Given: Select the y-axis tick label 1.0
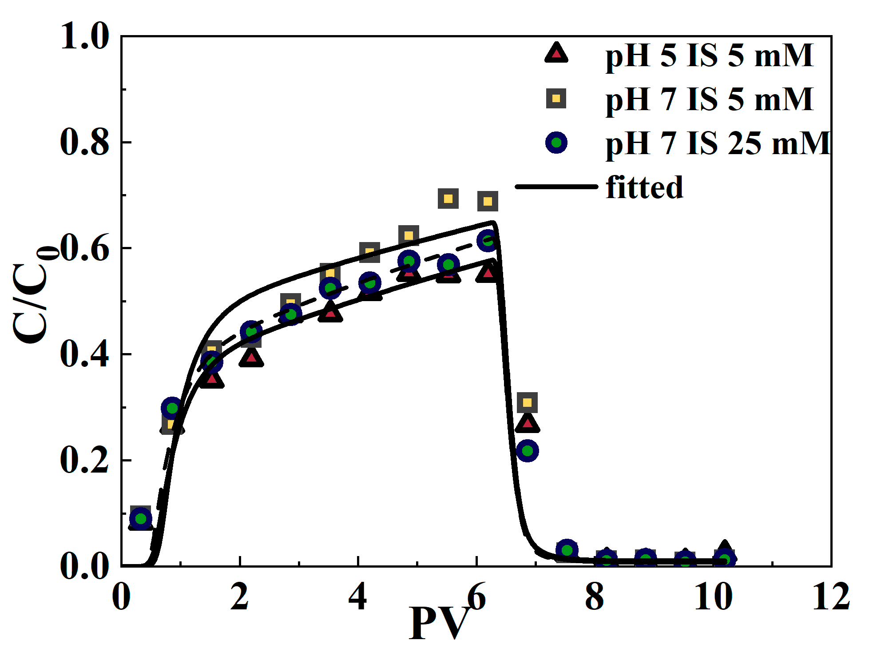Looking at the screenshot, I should point(84,36).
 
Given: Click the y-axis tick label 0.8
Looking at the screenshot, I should point(84,142).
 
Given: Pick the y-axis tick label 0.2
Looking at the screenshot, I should point(84,460).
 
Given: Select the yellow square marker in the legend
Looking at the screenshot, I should point(556,98).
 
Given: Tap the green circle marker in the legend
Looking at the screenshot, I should point(556,143).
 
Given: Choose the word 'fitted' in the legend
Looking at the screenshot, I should point(644,187).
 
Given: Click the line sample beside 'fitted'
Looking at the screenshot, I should point(556,187).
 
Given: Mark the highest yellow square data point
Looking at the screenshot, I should point(448,199).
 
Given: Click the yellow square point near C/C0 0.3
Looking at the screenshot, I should point(527,402).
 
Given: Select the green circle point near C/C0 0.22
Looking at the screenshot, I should point(527,451).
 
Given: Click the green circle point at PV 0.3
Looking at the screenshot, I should point(141,518).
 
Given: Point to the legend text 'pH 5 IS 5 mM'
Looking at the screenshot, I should point(709,56).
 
